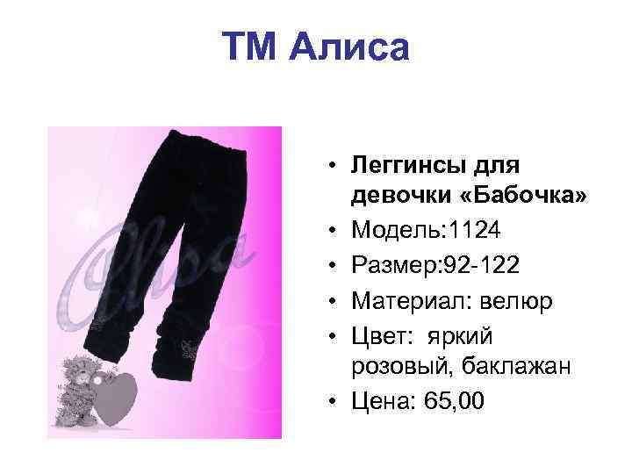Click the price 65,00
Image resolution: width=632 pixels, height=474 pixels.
click(453, 402)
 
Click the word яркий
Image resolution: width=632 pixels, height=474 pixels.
click(462, 335)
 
